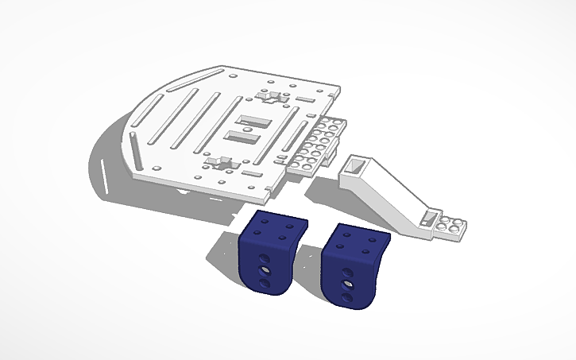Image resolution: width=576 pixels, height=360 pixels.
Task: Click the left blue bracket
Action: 266,258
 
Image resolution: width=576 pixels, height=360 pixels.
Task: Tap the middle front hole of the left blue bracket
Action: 263,271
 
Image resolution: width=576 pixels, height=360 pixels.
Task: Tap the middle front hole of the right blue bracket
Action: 347,282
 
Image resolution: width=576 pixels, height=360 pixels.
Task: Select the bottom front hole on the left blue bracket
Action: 263,284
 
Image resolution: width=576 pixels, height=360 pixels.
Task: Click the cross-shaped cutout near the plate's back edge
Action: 273,97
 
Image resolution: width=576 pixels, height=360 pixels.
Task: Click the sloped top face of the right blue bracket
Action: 361,239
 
